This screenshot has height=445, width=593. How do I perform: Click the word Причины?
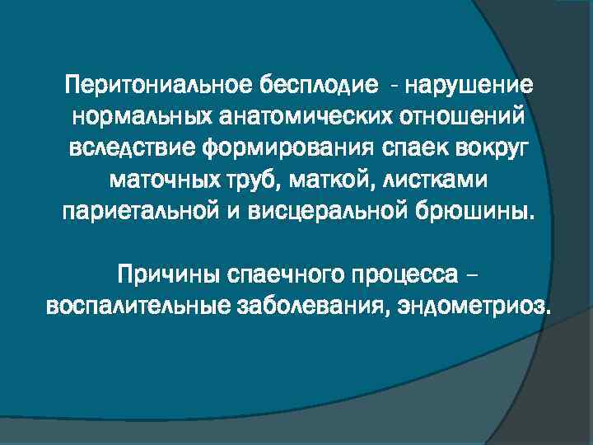(166, 273)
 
